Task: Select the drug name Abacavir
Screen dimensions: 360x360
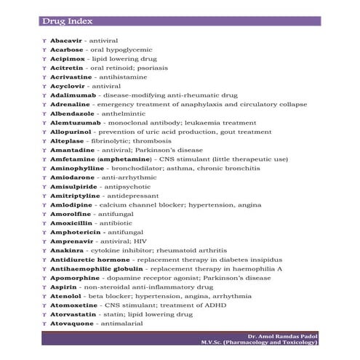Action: (x=66, y=40)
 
